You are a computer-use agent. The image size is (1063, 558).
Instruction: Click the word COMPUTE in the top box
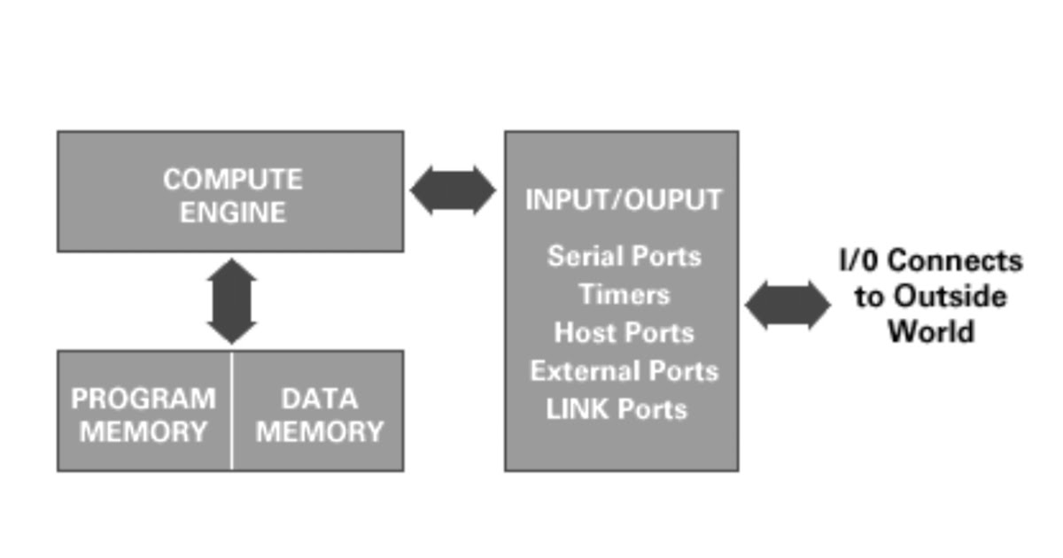232,180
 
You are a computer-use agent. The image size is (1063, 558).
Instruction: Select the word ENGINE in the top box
232,213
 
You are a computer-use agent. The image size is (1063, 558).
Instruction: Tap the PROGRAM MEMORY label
144,415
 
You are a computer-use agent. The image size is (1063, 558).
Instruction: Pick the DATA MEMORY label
319,415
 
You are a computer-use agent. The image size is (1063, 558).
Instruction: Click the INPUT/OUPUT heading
624,200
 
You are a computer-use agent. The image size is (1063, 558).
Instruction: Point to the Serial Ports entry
624,257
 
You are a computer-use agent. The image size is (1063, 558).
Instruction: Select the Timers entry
624,294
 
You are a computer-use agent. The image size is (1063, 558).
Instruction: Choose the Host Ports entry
624,333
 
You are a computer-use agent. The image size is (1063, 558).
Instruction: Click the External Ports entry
624,371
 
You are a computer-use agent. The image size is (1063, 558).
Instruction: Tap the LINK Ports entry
617,409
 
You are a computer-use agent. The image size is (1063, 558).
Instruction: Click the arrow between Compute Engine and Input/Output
454,190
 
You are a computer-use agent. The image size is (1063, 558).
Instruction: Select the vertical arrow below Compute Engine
231,301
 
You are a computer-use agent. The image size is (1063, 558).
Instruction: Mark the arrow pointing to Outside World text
788,306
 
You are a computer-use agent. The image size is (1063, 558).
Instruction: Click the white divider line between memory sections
232,410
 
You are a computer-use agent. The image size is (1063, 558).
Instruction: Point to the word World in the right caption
931,332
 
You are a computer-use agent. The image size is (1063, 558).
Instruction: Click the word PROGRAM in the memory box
144,399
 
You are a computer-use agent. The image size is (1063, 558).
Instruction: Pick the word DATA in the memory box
319,399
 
